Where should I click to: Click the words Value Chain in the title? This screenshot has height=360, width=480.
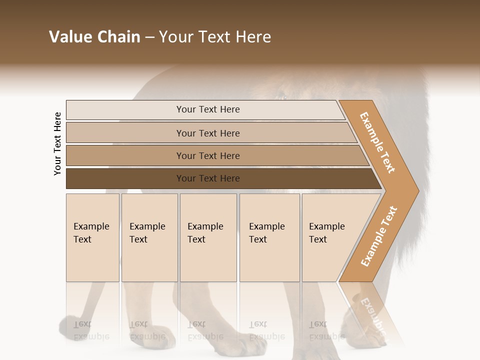[94, 37]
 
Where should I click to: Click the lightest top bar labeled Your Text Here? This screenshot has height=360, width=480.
[207, 109]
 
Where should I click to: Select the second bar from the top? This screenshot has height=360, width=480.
[207, 133]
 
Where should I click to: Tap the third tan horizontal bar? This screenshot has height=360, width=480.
[207, 155]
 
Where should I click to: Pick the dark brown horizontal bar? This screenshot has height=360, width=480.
[207, 178]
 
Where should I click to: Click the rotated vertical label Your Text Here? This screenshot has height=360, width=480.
[57, 143]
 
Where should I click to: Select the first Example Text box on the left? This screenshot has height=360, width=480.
[92, 237]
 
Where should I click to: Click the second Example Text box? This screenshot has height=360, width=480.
[149, 237]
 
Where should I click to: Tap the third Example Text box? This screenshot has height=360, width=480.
[207, 237]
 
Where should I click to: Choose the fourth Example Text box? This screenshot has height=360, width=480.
[269, 237]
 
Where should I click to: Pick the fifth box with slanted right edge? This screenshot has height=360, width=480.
[330, 237]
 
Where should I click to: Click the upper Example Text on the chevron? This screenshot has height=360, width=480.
[378, 142]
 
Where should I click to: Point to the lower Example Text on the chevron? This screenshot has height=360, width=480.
[379, 236]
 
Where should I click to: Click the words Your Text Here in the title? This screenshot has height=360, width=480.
[215, 37]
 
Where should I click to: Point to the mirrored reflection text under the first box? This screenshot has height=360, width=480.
[91, 330]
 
